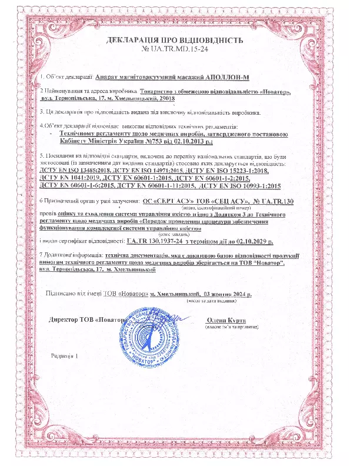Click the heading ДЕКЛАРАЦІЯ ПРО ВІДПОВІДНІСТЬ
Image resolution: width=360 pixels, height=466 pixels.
[x=174, y=41]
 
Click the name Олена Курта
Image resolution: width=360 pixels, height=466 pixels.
[x=225, y=320]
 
